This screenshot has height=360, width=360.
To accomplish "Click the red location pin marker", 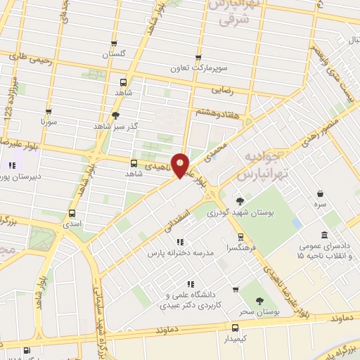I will [180, 165].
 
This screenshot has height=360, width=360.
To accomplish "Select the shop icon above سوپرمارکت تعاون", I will [198, 58].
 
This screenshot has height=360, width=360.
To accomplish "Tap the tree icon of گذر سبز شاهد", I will [116, 115].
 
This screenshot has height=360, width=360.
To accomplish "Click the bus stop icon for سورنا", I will [49, 112].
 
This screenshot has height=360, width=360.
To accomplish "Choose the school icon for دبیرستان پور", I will [12, 167].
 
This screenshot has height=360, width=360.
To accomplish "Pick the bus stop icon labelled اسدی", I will [72, 213].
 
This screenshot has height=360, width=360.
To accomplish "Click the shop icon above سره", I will [320, 193].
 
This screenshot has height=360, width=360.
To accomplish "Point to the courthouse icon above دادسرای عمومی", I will [323, 235].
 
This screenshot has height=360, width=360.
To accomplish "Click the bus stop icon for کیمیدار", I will [236, 327].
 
